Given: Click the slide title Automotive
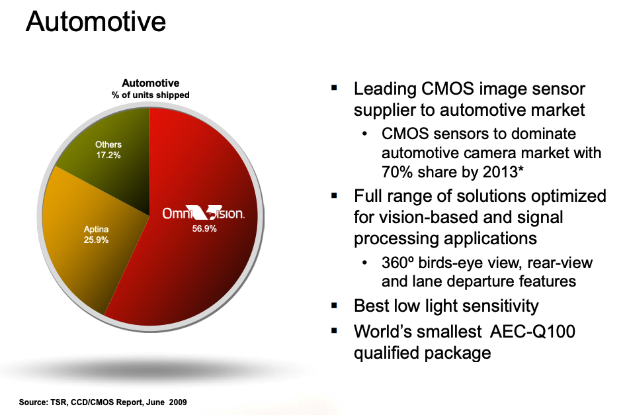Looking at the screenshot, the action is (x=96, y=22).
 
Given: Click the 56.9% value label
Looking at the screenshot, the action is (x=204, y=228).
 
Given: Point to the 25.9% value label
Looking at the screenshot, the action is (x=96, y=240).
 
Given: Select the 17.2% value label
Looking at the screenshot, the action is (x=108, y=156).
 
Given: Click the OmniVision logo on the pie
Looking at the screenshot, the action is (x=203, y=213).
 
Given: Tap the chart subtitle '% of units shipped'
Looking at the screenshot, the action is (x=151, y=95).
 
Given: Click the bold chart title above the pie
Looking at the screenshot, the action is (x=151, y=83).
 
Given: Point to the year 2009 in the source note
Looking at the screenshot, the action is (x=178, y=402).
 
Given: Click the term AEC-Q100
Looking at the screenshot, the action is (x=532, y=332).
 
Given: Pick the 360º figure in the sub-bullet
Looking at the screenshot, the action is (x=397, y=263).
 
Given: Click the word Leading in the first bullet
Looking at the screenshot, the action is (x=385, y=89).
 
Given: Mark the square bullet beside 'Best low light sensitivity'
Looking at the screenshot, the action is (x=334, y=306).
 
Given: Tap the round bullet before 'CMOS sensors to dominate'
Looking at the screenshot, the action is (x=364, y=134).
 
